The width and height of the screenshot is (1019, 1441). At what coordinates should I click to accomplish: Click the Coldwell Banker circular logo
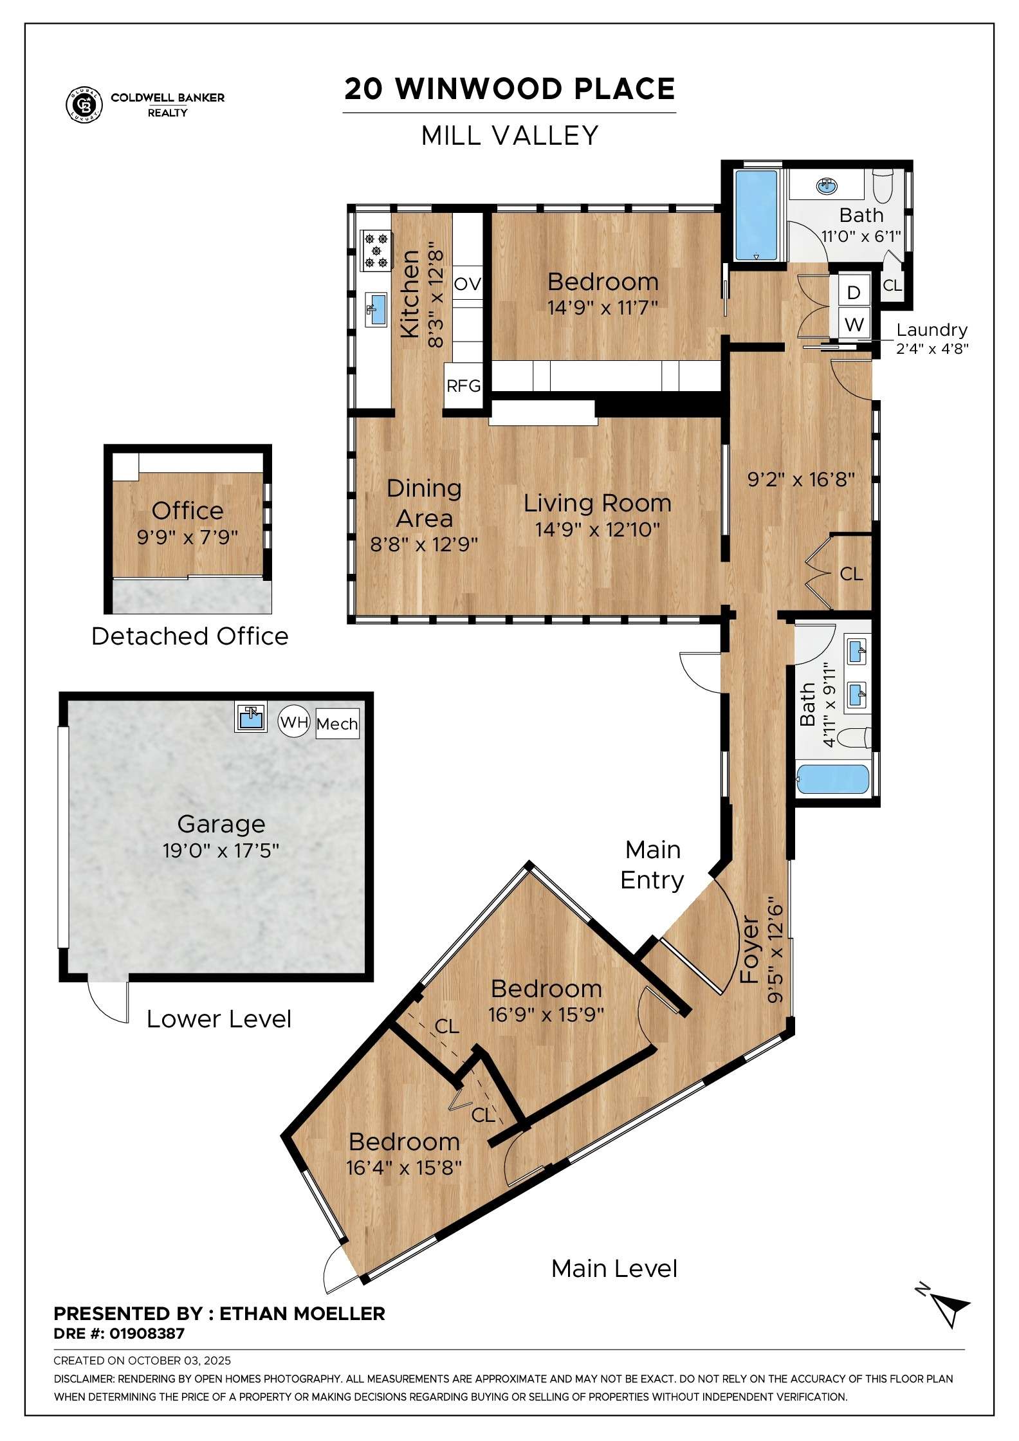[x=84, y=104]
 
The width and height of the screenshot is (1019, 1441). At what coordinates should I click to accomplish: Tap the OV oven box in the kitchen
[x=467, y=284]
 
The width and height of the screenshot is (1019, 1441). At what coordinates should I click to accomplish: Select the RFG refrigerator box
[x=463, y=386]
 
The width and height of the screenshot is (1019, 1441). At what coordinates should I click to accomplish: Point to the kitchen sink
[x=376, y=308]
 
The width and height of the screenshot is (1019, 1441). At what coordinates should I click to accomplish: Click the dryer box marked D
[x=854, y=293]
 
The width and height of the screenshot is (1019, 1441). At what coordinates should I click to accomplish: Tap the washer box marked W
[x=854, y=324]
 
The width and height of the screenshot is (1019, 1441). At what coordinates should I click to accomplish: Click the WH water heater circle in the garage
[x=294, y=722]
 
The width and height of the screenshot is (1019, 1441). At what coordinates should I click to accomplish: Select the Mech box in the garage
[x=337, y=724]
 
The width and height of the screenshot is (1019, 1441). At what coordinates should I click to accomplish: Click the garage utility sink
[x=250, y=717]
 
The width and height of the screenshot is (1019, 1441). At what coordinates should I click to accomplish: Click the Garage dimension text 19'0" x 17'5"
[x=221, y=850]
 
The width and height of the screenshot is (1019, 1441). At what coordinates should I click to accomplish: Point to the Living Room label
[x=597, y=503]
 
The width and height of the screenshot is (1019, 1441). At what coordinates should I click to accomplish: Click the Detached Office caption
[x=190, y=636]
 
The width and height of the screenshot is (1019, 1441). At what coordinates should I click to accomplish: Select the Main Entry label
[x=652, y=865]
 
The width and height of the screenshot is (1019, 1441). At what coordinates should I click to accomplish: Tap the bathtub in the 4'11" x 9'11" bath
[x=833, y=780]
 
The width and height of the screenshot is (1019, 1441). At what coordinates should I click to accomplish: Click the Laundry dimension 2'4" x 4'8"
[x=932, y=349]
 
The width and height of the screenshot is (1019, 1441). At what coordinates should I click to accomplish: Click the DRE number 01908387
[x=147, y=1334]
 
